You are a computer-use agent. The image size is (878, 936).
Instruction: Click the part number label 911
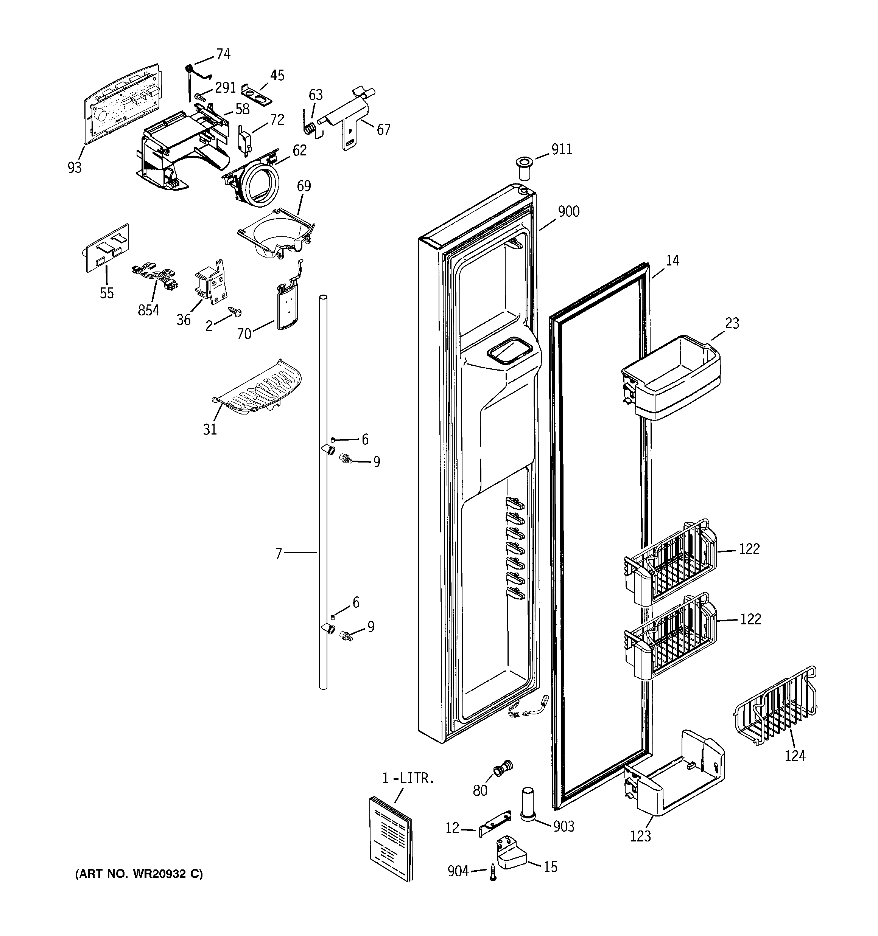[562, 150]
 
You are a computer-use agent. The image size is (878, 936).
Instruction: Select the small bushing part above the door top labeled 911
[525, 168]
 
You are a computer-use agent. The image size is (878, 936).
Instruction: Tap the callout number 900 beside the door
[568, 212]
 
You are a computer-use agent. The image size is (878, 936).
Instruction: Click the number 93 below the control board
[75, 167]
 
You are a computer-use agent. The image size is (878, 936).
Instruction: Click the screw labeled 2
[234, 311]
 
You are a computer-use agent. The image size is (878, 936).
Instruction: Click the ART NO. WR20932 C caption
[139, 874]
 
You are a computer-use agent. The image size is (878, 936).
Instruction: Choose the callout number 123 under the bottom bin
[640, 837]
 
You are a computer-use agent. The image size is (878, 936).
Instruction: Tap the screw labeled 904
[493, 872]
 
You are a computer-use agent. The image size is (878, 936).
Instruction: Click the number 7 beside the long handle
[279, 554]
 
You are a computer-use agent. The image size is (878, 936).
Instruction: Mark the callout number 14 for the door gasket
[673, 260]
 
